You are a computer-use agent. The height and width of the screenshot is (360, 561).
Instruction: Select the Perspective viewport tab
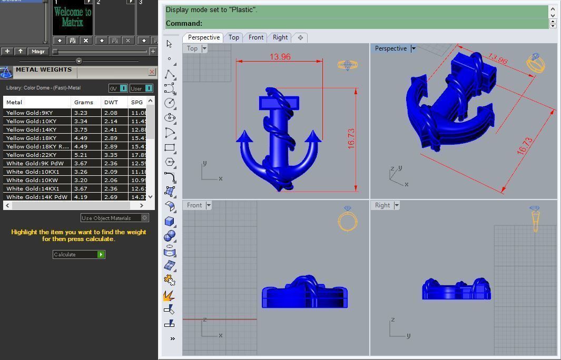(203, 37)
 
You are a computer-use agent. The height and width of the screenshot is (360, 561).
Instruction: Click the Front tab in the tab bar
(256, 37)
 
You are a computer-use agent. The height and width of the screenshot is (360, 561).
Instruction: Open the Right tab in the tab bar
(280, 37)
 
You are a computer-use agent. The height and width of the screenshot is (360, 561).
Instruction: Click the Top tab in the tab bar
(234, 37)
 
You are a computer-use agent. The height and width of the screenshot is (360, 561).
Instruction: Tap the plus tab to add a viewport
(300, 37)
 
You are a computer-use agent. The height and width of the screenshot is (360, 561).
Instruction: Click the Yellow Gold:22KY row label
(31, 155)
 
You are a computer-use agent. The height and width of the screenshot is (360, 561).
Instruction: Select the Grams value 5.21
(81, 155)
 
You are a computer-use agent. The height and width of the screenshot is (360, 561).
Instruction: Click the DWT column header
(111, 102)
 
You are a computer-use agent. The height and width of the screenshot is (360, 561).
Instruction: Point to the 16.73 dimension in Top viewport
(351, 138)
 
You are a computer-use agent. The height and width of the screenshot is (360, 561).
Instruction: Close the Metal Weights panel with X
(152, 72)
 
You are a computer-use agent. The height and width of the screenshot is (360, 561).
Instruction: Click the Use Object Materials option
(114, 218)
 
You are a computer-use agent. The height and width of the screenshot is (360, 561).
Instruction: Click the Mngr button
(38, 51)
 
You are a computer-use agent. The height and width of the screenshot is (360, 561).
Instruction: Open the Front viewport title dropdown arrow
(209, 205)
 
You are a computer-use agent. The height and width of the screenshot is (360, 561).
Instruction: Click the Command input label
(184, 23)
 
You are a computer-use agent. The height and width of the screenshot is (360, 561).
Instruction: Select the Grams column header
(84, 102)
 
